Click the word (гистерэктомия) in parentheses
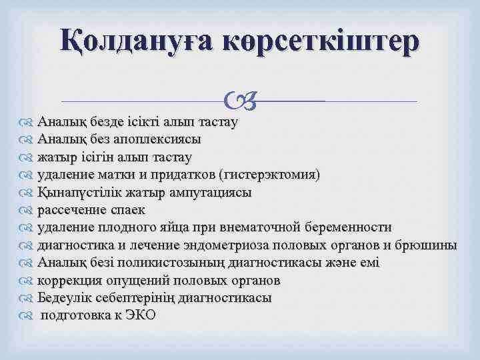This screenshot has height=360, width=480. pos(269,175)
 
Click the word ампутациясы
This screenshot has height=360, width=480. pos(209,193)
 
